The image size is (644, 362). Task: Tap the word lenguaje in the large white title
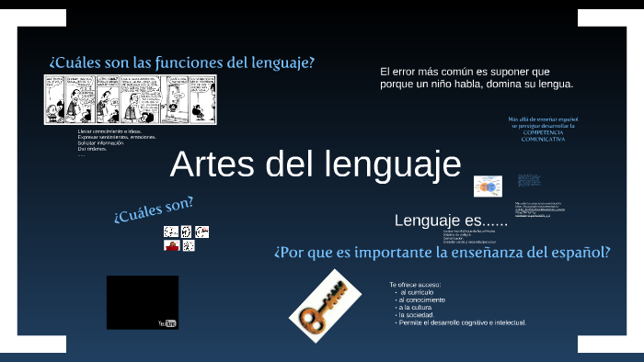[x=394, y=164]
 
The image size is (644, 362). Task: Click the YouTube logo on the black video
[x=167, y=322]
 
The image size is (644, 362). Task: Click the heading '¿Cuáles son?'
[x=154, y=209]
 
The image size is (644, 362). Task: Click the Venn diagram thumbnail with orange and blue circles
[x=488, y=187]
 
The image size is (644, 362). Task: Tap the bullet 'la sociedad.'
[x=422, y=315]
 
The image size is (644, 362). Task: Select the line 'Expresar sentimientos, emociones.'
[x=117, y=138]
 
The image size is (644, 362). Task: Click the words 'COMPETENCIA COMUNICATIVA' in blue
[x=542, y=134]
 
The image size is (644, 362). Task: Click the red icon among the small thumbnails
[x=170, y=246]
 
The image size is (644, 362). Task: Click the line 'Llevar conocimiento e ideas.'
[x=110, y=131]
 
